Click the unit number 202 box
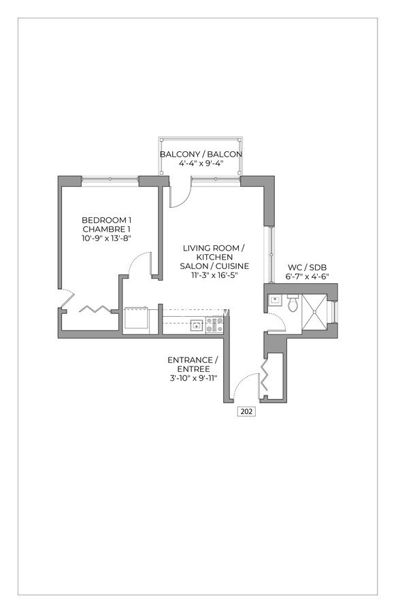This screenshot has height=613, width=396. (x=246, y=411)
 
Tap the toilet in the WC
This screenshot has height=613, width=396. (x=293, y=304)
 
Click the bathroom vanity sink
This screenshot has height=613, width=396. (x=274, y=299)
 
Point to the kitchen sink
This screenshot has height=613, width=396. (x=196, y=325)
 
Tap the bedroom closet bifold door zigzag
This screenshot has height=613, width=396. (x=93, y=309)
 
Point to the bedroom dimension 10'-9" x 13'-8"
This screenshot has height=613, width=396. (x=105, y=238)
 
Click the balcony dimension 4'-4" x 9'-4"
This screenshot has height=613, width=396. (x=201, y=163)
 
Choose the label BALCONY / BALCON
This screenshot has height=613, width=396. (x=201, y=155)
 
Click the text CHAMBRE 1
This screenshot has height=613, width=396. (x=105, y=229)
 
